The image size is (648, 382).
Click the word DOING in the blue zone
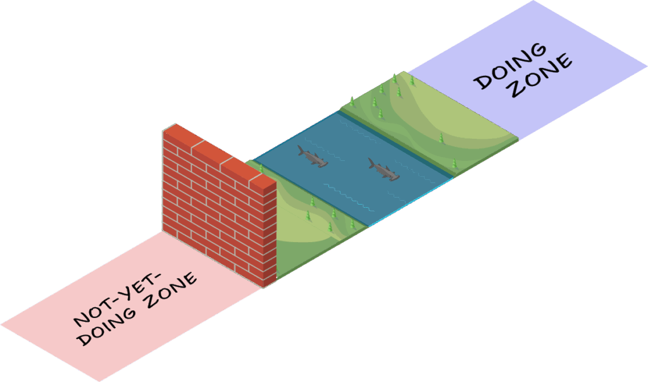pos(511,66)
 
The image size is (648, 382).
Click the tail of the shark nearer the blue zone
pos(372,163)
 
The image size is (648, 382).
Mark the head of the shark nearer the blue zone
pos(394,177)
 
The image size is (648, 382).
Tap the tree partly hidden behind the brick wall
pos(260,169)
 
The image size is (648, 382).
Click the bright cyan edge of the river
pos(411,201)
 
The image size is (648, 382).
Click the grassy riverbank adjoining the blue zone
pos(430,120)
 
